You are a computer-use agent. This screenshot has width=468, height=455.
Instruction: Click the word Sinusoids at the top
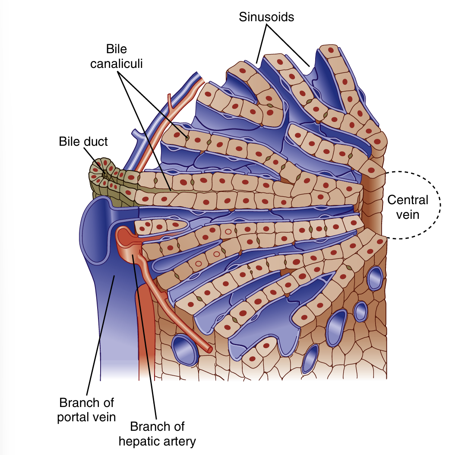point(266,17)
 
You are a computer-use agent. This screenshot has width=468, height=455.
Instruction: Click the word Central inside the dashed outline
point(408,200)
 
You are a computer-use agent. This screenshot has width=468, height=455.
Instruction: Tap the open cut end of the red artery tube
point(209,348)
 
